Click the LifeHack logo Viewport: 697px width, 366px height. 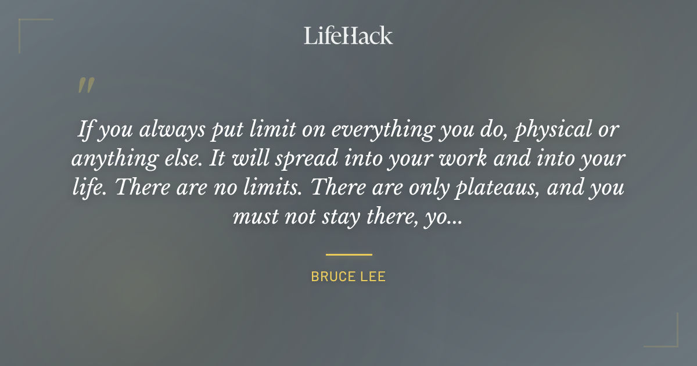(x=348, y=35)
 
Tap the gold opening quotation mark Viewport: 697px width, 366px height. (x=85, y=86)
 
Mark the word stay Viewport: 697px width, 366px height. (x=335, y=217)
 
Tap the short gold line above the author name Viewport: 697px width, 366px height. (x=348, y=254)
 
